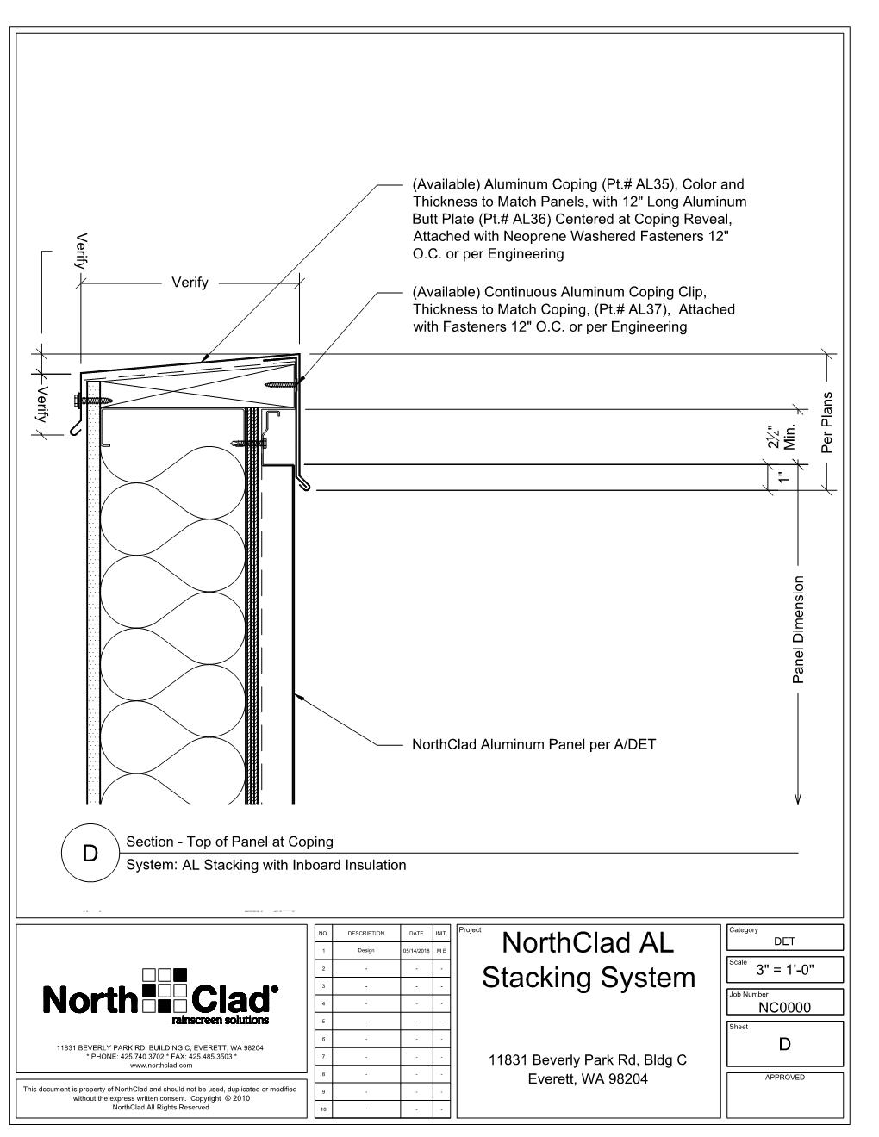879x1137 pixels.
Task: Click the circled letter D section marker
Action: click(90, 854)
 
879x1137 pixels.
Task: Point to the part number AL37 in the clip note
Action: click(648, 309)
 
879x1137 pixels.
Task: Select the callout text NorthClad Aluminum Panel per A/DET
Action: click(534, 744)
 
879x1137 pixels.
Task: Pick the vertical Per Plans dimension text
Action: click(827, 422)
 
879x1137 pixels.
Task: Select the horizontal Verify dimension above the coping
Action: click(190, 282)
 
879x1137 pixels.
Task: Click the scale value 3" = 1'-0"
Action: click(785, 971)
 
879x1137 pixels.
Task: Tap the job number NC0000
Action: click(785, 1007)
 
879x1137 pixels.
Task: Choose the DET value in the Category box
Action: click(785, 941)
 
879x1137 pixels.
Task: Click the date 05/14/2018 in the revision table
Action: click(416, 951)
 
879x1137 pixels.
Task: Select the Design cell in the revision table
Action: click(366, 951)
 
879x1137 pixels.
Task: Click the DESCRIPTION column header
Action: click(366, 933)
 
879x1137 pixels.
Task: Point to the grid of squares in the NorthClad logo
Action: click(165, 989)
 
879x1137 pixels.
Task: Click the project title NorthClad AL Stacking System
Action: click(589, 960)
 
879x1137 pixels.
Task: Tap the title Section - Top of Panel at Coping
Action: click(229, 842)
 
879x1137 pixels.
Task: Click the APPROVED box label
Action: click(785, 1078)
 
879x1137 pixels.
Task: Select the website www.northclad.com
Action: click(160, 1066)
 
